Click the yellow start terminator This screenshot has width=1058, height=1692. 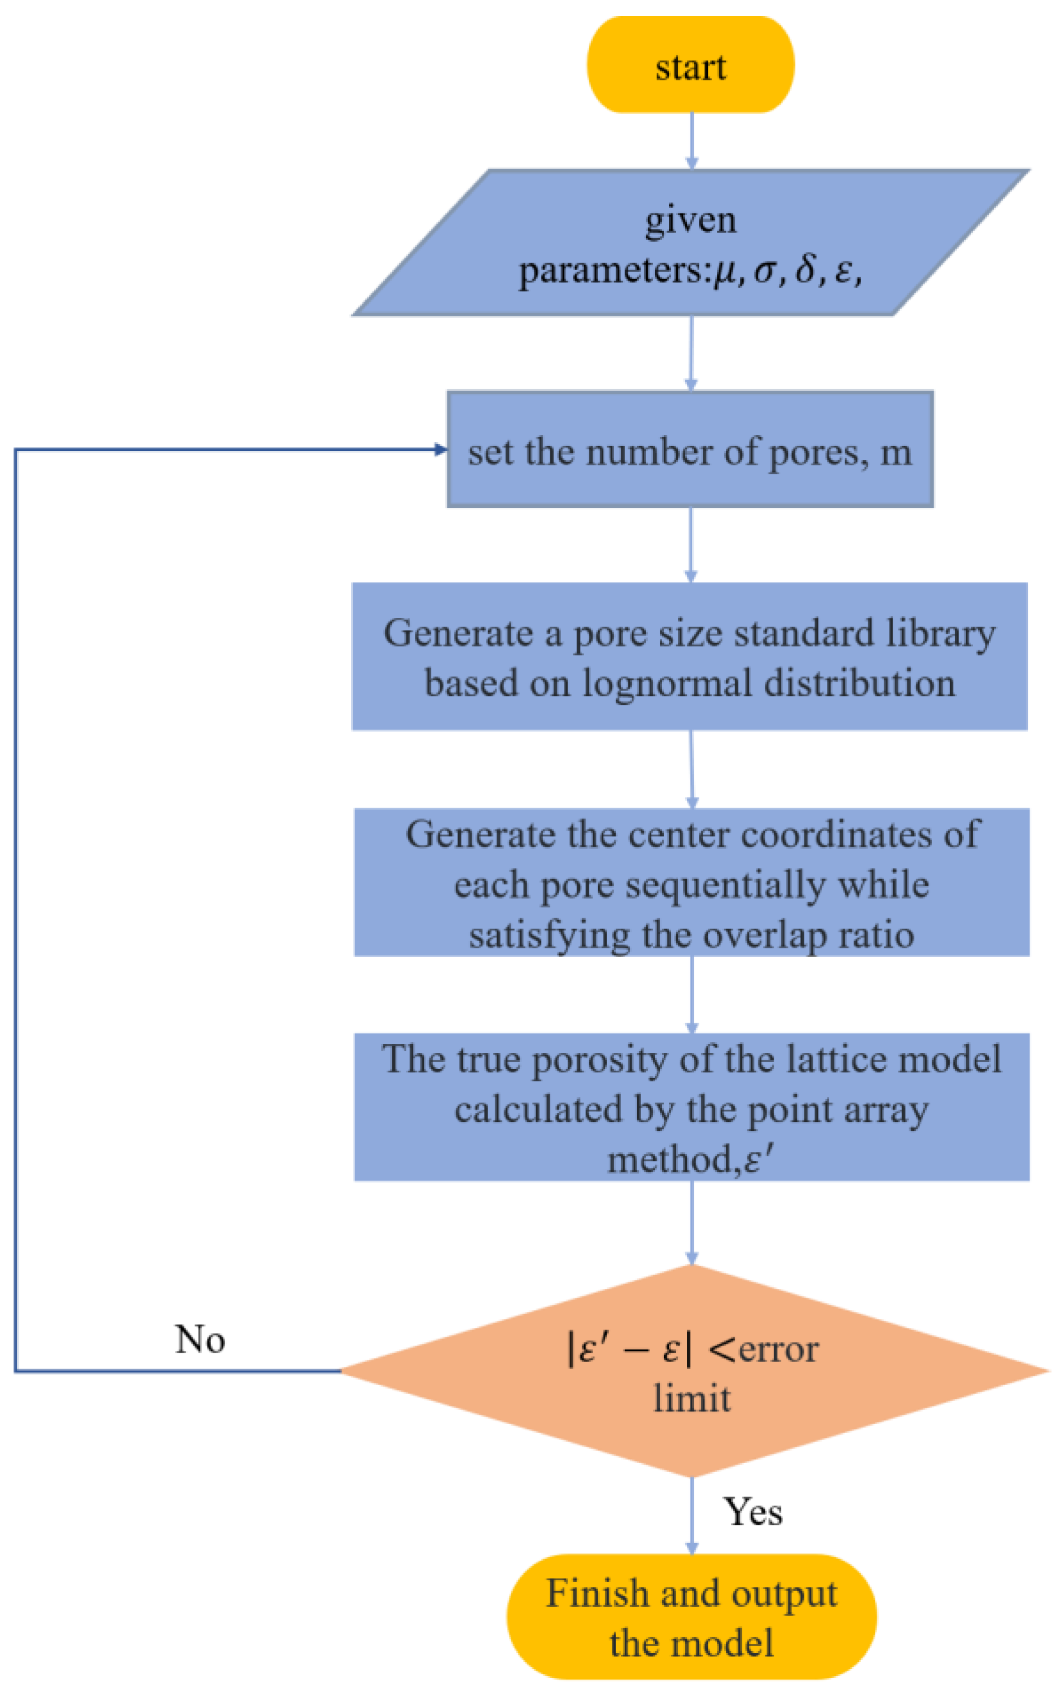[x=690, y=65]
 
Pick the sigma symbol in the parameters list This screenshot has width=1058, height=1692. [x=765, y=271]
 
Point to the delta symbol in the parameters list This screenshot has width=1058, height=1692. [x=806, y=270]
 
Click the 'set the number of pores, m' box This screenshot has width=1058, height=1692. [x=690, y=449]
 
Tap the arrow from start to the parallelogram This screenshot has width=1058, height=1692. [x=692, y=140]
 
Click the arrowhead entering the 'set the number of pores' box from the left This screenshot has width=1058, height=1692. [x=440, y=449]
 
